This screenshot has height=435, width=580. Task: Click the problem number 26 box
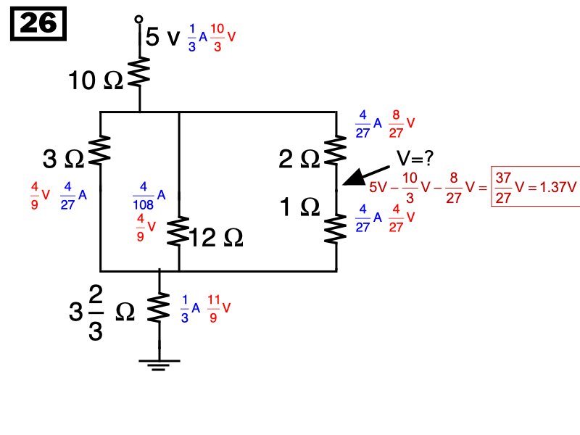point(38,25)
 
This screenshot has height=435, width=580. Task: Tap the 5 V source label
point(162,37)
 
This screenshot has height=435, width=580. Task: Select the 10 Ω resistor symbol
point(139,74)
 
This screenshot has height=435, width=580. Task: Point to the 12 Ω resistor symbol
point(178,233)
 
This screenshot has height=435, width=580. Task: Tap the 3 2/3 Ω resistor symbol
point(159,308)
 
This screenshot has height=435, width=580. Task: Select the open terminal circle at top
point(139,20)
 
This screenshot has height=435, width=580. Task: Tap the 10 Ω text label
point(95,81)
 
